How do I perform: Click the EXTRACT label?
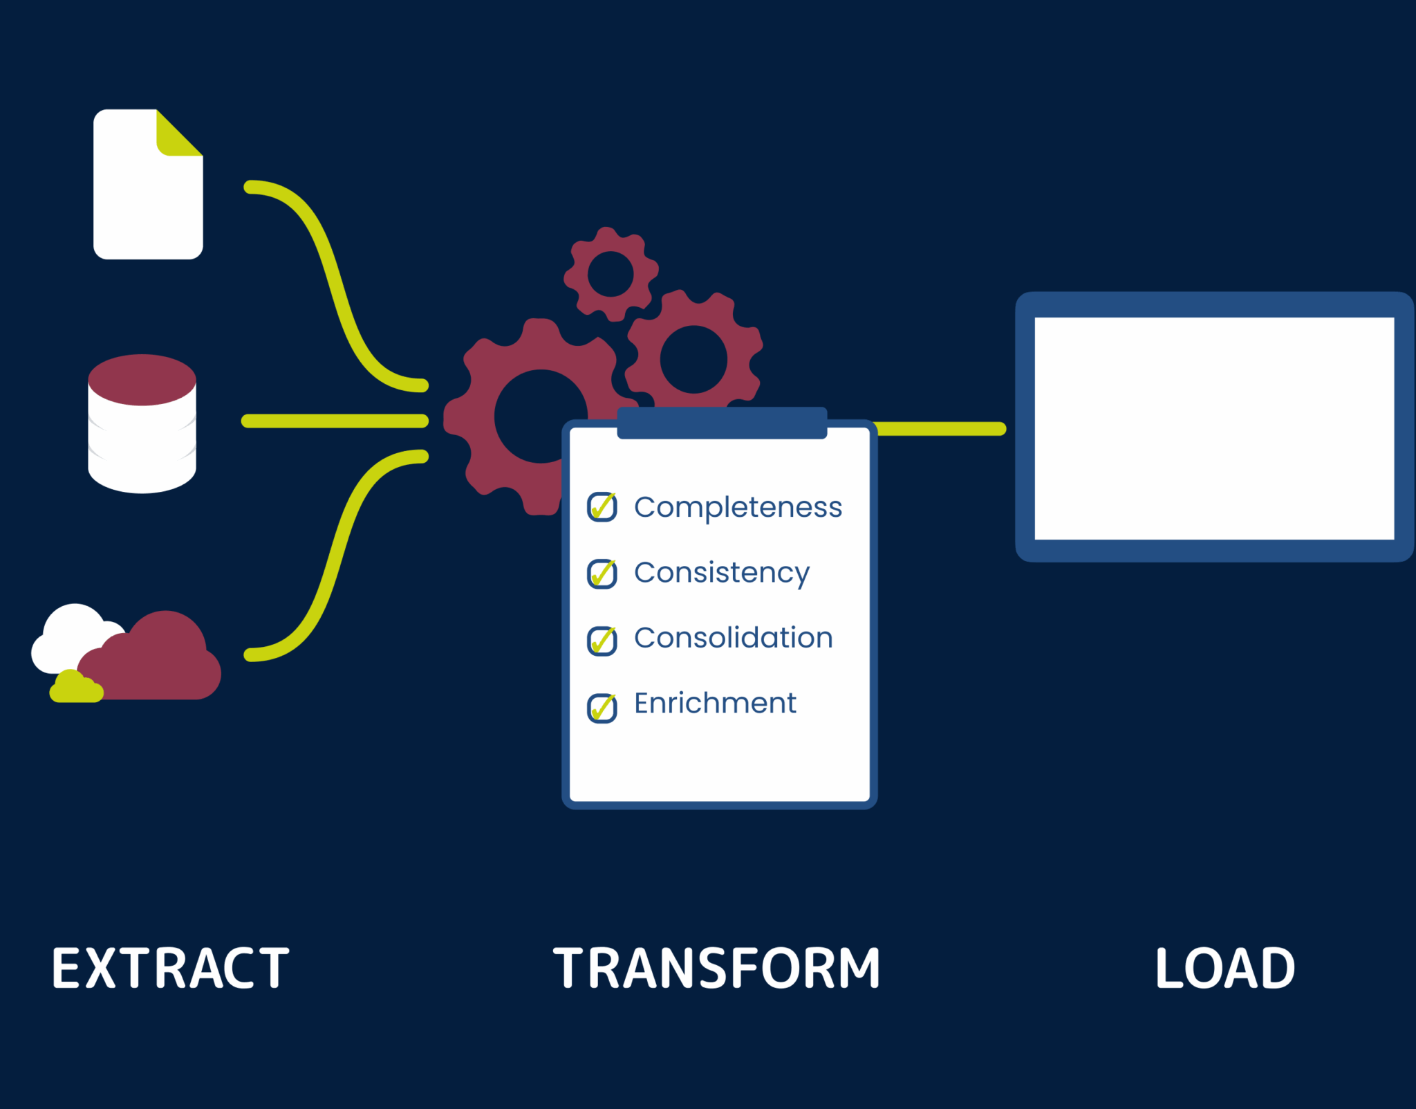pos(170,968)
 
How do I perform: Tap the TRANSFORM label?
pos(716,968)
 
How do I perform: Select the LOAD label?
pos(1224,968)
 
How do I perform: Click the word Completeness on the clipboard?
pos(738,508)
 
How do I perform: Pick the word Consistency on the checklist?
pos(722,574)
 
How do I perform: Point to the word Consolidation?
pos(733,638)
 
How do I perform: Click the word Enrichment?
pos(715,703)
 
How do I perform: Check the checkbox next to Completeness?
pos(602,507)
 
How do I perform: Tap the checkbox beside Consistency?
pos(602,574)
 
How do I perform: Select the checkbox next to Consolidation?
pos(602,641)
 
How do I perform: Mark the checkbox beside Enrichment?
pos(602,708)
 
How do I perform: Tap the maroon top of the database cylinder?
pos(142,380)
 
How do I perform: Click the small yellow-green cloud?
pos(76,686)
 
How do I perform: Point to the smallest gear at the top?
pos(611,274)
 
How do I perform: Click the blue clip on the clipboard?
pos(722,423)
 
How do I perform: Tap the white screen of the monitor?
pos(1214,428)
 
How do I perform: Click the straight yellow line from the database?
pos(335,421)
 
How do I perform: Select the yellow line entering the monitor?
pos(940,429)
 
